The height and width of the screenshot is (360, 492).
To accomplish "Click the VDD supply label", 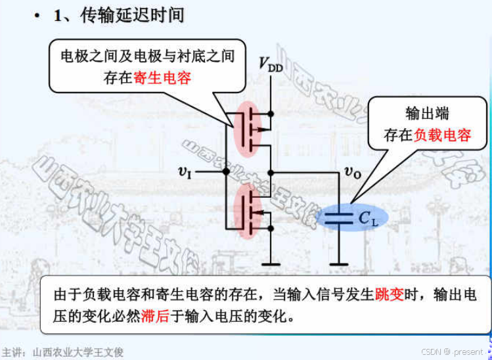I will pos(270,64).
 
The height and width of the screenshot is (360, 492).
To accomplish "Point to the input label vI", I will pos(185,171).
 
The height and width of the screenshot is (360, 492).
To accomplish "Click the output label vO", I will pos(352,171).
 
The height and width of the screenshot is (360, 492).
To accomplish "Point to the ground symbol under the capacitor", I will pos(339,264).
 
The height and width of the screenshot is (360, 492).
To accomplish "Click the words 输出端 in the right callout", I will pos(427,113).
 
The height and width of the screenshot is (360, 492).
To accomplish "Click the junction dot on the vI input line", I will pos(226,171).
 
